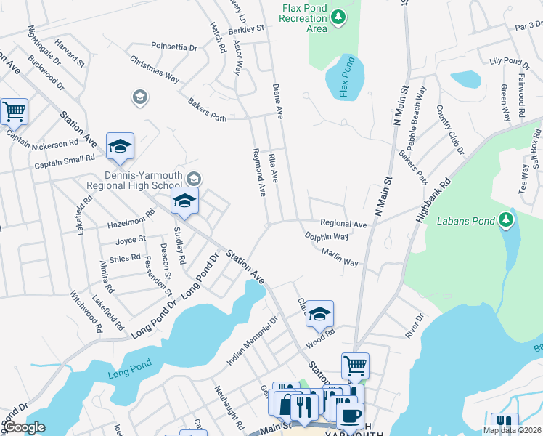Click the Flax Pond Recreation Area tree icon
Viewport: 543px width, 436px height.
[x=338, y=16]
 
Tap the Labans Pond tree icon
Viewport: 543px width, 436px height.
[x=507, y=219]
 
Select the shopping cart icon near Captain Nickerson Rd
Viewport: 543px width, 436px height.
[x=14, y=112]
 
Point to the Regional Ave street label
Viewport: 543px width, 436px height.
[x=343, y=225]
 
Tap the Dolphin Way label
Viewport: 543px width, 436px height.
[x=326, y=237]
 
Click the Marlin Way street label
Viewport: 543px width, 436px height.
[x=340, y=257]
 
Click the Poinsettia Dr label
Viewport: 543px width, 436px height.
[x=174, y=47]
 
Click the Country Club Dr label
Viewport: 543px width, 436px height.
[x=449, y=129]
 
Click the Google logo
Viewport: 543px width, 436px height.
[x=23, y=427]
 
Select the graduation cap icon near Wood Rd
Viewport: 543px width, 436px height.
[x=319, y=314]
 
